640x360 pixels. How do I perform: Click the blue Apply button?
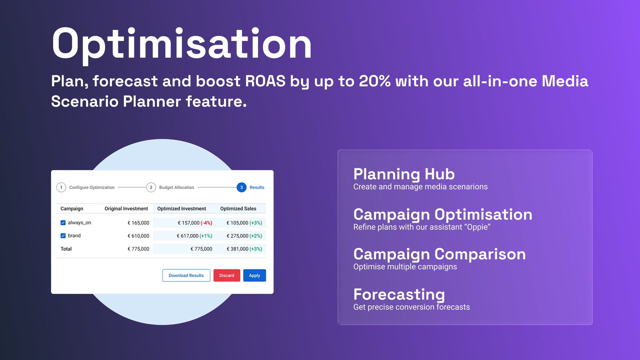[254, 275]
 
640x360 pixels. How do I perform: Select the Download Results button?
[186, 275]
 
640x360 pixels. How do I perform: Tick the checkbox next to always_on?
[63, 223]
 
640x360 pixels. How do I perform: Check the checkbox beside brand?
[63, 236]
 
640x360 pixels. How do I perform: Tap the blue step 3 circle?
[242, 187]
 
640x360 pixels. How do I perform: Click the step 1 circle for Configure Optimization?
[61, 187]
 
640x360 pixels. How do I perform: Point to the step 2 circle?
[151, 187]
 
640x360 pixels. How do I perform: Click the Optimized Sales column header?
[238, 209]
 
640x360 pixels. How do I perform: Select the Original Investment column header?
[126, 209]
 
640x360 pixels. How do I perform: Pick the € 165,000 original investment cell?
[139, 223]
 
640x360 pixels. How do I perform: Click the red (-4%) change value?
[206, 223]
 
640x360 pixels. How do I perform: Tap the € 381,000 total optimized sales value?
[237, 249]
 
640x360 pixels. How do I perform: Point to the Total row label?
[66, 249]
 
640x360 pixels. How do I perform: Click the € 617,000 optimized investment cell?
[188, 236]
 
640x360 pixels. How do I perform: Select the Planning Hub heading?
[404, 174]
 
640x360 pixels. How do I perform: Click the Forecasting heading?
[399, 295]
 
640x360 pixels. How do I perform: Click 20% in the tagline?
[375, 81]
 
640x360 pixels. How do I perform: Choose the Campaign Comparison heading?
[440, 255]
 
